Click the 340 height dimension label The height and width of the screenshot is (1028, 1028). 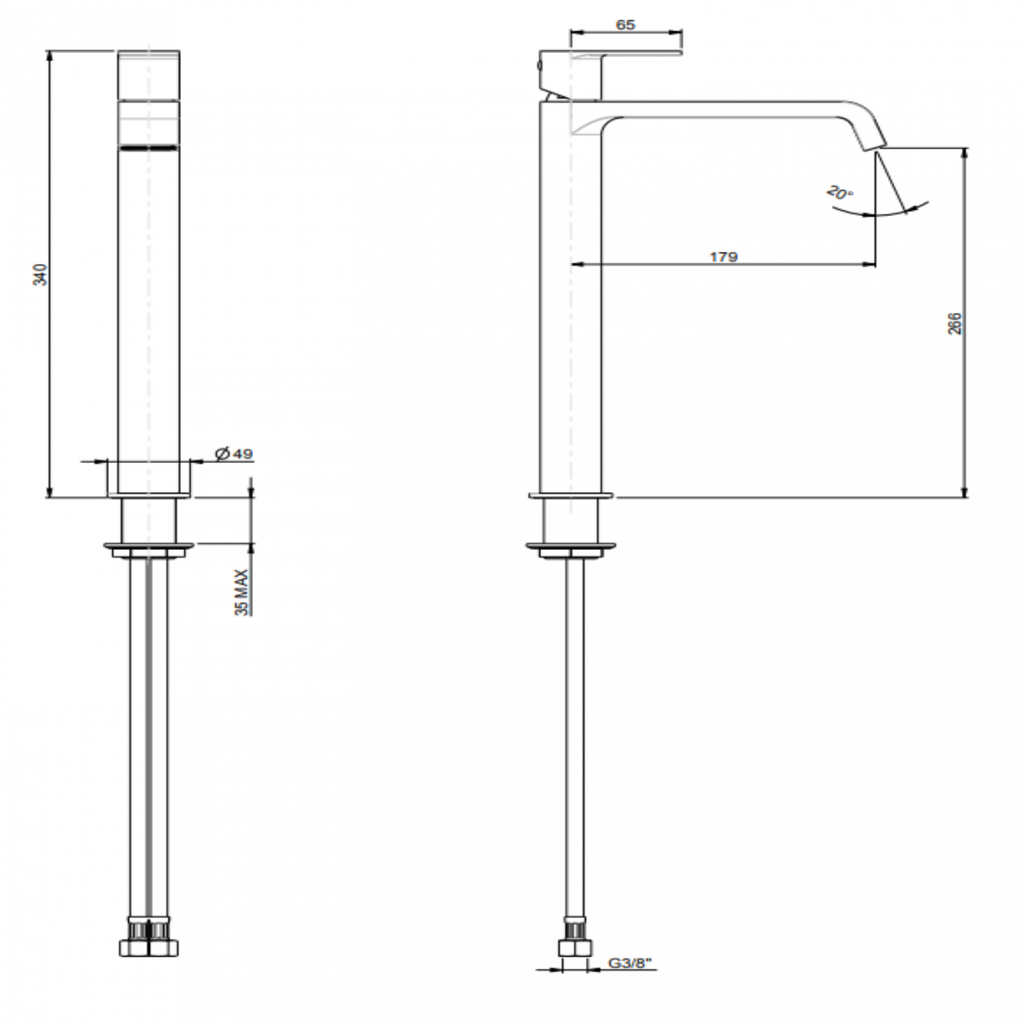click(x=43, y=274)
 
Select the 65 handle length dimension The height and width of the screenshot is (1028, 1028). click(x=625, y=25)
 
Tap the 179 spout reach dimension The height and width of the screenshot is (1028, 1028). click(x=723, y=256)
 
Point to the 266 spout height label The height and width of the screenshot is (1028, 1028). click(x=955, y=323)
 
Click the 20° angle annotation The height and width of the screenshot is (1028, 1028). click(x=839, y=193)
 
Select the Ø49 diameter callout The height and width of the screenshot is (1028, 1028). click(x=233, y=454)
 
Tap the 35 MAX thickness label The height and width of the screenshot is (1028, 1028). click(x=242, y=591)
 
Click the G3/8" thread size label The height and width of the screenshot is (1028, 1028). click(x=629, y=964)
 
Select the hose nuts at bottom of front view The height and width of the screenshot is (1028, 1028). click(x=149, y=946)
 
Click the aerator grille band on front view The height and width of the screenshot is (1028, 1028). click(x=149, y=148)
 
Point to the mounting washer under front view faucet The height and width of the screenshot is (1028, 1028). click(x=149, y=547)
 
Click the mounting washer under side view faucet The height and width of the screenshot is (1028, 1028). click(x=571, y=547)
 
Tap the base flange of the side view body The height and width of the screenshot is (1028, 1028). click(x=571, y=496)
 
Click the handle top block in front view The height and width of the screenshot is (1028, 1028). click(x=149, y=75)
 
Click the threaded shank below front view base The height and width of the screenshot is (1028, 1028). click(x=149, y=520)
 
